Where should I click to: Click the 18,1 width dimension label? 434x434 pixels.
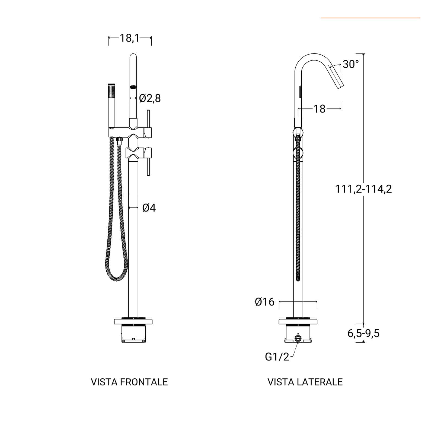click(130, 38)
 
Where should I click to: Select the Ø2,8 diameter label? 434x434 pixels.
click(150, 98)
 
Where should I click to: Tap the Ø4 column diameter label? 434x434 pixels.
click(149, 208)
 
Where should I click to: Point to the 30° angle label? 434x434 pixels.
click(351, 64)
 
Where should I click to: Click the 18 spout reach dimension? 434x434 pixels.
click(320, 109)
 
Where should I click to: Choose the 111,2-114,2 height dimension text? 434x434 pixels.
click(363, 189)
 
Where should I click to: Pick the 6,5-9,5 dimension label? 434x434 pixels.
click(363, 333)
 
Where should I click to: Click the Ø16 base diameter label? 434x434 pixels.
click(265, 302)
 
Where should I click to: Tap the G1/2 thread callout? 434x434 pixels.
click(277, 357)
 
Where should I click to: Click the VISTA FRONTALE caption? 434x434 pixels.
click(129, 382)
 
